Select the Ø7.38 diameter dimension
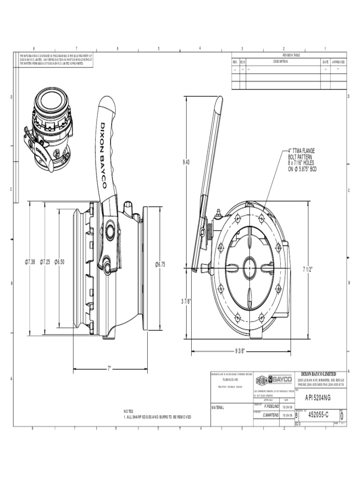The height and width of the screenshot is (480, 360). pos(30,261)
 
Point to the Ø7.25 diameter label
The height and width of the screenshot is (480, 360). pos(45,261)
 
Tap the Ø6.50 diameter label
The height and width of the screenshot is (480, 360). pos(60,261)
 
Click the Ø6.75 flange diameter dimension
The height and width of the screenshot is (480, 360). pos(160,264)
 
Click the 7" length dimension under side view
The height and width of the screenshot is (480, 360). pos(110,368)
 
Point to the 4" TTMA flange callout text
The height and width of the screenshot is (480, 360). pos(302,160)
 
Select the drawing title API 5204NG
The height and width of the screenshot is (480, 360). pos(318,397)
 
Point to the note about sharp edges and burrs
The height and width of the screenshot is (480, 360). pos(157,417)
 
